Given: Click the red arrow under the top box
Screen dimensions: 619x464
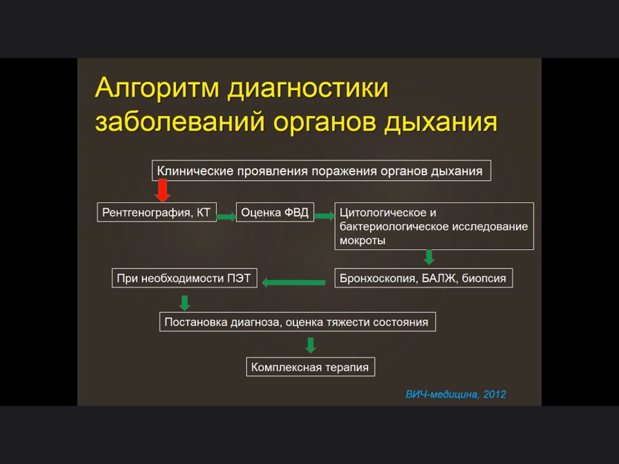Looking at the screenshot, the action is click(x=162, y=191).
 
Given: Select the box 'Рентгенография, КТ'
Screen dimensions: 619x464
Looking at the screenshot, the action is click(x=157, y=212).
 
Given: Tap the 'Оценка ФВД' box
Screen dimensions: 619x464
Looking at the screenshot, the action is click(x=275, y=212).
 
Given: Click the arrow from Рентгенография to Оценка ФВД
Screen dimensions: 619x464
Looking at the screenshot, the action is click(x=226, y=217).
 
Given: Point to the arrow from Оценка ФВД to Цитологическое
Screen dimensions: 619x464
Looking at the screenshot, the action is click(x=324, y=216).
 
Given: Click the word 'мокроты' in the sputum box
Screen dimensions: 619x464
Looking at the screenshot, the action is click(x=362, y=241).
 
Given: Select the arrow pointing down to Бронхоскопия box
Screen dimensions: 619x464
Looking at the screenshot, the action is click(x=429, y=257).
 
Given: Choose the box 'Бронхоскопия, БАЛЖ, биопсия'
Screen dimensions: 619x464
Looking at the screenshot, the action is click(x=424, y=278).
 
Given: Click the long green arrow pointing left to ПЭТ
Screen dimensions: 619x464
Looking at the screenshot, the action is click(x=294, y=282).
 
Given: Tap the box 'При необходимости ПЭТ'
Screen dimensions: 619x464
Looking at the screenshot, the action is click(x=184, y=278).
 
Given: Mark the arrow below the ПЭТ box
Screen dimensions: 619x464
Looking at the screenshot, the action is click(x=184, y=303).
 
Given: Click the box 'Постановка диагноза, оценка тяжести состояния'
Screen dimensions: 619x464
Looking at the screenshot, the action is click(x=297, y=322).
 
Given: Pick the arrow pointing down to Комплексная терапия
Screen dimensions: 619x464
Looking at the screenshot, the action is click(x=310, y=345).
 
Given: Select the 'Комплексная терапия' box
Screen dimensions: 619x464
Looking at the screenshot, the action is click(x=310, y=367).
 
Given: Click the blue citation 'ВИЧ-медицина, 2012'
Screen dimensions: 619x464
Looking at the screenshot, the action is click(x=456, y=394).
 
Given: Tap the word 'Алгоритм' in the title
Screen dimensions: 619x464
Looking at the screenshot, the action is click(x=157, y=88).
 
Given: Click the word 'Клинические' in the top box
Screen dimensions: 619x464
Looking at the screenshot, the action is click(x=195, y=171).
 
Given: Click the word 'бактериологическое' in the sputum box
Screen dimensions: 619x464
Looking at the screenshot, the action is click(x=394, y=227).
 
